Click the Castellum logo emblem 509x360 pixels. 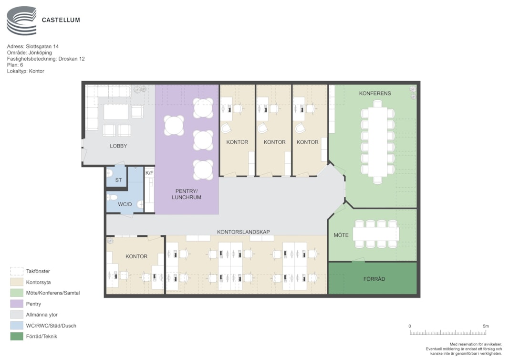pos(21,21)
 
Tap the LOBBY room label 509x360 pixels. pos(118,146)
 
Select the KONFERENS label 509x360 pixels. pos(375,93)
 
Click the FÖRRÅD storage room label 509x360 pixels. pos(374,279)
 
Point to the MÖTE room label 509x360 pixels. pos(341,235)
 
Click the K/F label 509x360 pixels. pos(149,173)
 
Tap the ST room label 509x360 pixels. pos(118,180)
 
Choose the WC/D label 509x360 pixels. pos(125,204)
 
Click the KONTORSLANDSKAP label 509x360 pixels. pos(243,232)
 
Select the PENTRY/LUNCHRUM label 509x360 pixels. pos(187,194)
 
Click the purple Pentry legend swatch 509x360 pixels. pos(17,304)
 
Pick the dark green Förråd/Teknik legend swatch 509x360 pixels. pos(17,336)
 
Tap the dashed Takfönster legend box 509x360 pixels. pos(17,271)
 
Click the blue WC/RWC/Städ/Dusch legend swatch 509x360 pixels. pos(17,325)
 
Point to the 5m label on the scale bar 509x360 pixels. pos(486,326)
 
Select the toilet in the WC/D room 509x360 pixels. pos(112,197)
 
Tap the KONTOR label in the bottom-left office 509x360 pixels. pos(136,256)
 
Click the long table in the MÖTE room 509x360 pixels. pos(376,234)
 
